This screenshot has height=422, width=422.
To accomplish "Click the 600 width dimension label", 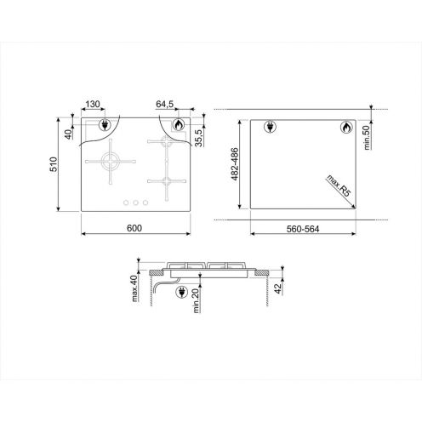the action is (x=134, y=228).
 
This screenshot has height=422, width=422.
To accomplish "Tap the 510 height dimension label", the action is (x=54, y=164).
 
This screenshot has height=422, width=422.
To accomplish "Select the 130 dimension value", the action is (x=93, y=104).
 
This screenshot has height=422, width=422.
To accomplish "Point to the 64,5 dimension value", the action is (x=165, y=104).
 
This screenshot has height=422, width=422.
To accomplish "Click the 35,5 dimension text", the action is (x=199, y=138).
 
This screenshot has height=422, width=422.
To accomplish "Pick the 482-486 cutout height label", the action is (x=235, y=164).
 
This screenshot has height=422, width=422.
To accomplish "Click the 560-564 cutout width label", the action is (x=303, y=229).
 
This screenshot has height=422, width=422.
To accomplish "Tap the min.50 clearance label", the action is (x=367, y=138).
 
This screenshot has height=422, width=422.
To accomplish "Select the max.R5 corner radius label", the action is (x=339, y=186).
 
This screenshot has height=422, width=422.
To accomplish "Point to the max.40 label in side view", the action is (x=134, y=288).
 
